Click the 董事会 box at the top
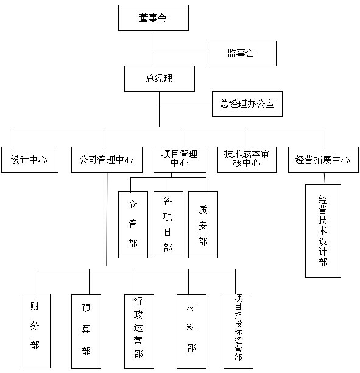(x=154, y=18)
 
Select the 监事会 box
(x=241, y=54)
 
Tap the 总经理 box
(x=160, y=79)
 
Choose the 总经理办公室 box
(x=247, y=104)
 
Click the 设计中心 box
(x=30, y=160)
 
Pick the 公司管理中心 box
(x=107, y=160)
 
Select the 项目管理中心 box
(x=180, y=160)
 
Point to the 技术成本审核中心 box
(x=247, y=160)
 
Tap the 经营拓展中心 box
(x=323, y=160)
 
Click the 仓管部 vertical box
(x=133, y=225)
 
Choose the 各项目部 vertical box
(x=168, y=225)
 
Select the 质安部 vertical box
(x=203, y=225)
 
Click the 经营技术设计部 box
(x=323, y=231)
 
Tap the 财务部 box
(x=36, y=331)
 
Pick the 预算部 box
(x=86, y=332)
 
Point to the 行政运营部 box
(x=139, y=332)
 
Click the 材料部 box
(x=191, y=332)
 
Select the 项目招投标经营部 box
(x=239, y=331)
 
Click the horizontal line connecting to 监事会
(x=180, y=51)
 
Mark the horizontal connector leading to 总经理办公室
(x=186, y=107)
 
